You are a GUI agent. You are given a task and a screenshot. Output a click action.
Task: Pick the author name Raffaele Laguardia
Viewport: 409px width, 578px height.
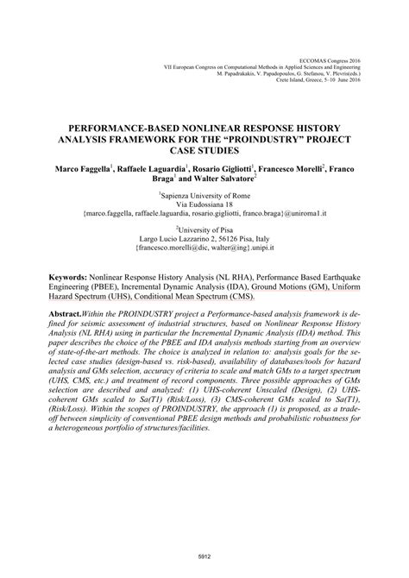pos(161,164)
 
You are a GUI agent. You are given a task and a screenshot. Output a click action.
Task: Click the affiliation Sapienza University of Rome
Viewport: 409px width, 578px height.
pos(204,196)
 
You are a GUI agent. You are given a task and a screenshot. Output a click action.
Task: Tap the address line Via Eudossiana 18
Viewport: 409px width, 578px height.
pos(204,207)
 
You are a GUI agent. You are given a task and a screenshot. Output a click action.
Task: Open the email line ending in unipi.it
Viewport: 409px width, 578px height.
pos(204,256)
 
